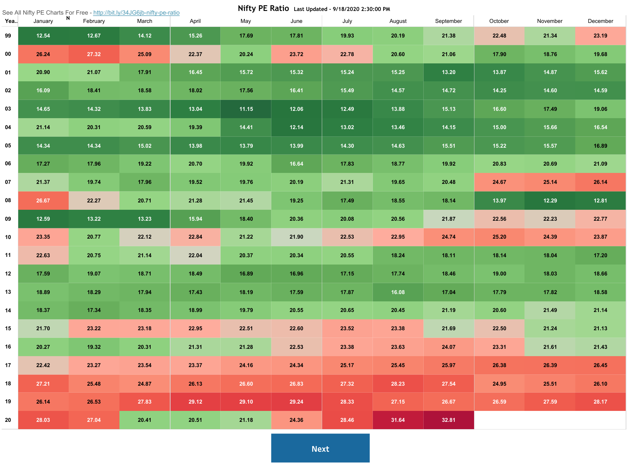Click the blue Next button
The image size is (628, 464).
(320, 448)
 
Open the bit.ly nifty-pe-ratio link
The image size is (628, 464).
(136, 13)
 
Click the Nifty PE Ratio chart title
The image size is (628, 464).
(263, 8)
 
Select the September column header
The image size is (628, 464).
(448, 21)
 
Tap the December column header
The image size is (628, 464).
(600, 21)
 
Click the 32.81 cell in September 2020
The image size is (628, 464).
(448, 420)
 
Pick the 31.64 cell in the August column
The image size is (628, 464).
(397, 420)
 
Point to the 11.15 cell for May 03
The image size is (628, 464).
(246, 109)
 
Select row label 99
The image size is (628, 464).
(8, 36)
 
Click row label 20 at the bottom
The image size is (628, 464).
(8, 420)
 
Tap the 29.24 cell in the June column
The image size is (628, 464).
(296, 402)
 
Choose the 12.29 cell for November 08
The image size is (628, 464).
(550, 200)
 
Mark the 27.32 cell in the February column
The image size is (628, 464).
(94, 54)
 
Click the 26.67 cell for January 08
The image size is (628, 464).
(43, 200)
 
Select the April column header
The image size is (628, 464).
(195, 21)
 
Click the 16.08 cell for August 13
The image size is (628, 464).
(397, 292)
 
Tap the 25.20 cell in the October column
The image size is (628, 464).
(499, 237)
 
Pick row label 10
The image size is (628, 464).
(8, 237)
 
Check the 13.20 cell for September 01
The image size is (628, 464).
(448, 72)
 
